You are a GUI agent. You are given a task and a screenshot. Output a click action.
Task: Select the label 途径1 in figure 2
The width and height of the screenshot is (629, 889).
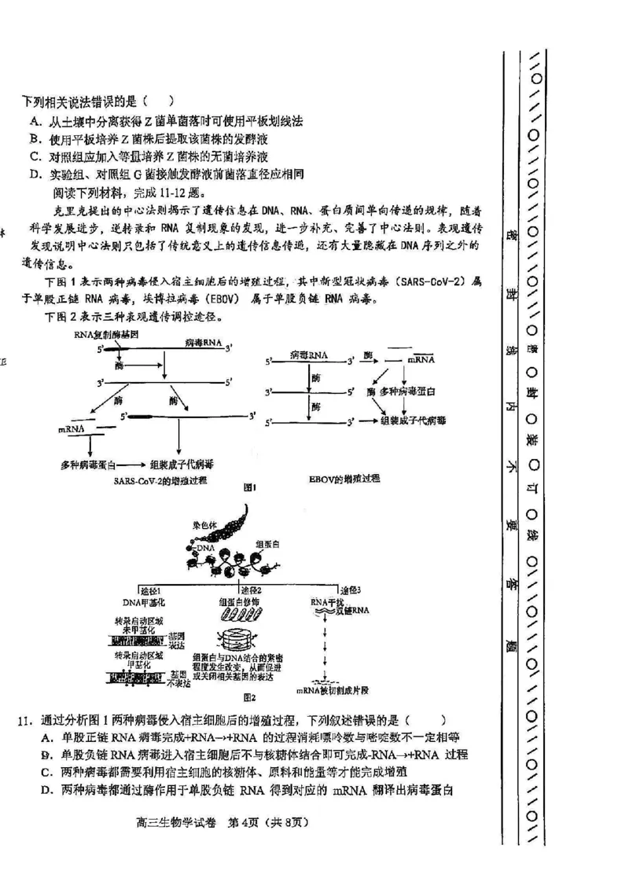click(150, 590)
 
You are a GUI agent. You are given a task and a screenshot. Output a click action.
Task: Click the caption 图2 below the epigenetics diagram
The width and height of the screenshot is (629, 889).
click(250, 696)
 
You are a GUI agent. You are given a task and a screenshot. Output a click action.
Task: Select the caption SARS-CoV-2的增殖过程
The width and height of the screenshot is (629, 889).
click(158, 479)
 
